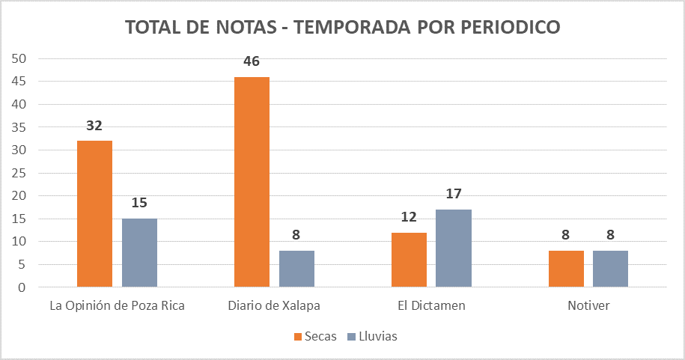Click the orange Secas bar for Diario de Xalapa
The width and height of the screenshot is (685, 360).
pos(252,182)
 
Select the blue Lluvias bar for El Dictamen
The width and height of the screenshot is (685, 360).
pos(454,248)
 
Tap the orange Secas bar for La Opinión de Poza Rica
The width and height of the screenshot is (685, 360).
pos(94,214)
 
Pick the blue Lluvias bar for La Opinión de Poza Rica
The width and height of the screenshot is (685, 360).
pos(139,253)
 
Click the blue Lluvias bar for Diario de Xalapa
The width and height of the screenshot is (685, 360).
pos(296,269)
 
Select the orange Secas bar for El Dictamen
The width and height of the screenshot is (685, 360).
pos(409,260)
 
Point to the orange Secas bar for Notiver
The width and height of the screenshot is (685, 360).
pos(566,269)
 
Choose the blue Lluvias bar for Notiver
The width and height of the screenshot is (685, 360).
pos(610,269)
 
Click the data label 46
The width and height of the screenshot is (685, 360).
pos(252,61)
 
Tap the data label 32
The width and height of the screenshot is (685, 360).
pos(94,126)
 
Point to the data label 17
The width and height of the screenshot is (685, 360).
pos(454,195)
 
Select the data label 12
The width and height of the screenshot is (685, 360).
pos(409,217)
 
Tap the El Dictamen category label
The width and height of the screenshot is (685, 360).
pos(431,306)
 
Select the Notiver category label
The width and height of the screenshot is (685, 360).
pos(588,306)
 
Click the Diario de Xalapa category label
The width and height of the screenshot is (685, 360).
pos(274,306)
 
